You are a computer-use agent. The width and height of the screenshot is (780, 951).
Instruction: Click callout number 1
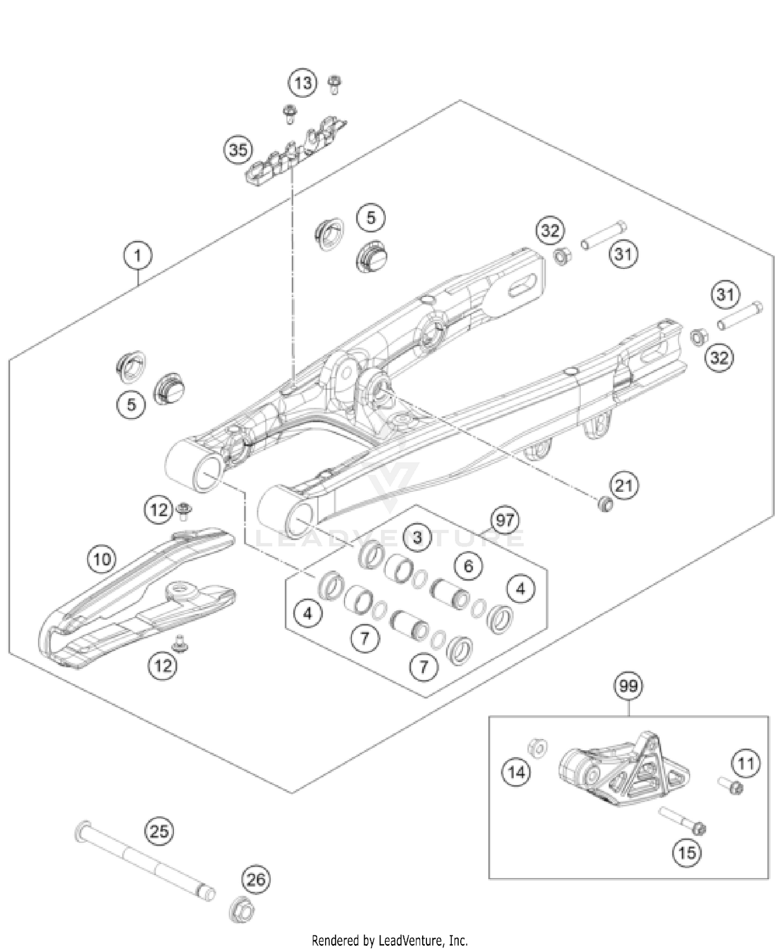pos(138,256)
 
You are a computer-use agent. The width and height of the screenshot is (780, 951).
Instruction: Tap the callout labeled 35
pos(238,150)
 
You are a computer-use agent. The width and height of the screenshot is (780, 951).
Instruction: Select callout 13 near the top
pos(303,83)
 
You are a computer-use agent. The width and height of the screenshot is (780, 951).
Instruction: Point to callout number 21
pos(623,486)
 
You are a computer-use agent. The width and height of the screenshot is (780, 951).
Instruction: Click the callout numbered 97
pos(505,520)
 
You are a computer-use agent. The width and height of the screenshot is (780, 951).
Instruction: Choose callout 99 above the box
pos(628,686)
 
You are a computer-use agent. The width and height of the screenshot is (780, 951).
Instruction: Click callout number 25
pos(159,831)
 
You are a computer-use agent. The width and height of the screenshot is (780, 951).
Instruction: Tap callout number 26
pos(256,879)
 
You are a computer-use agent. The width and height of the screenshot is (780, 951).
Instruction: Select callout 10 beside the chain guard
pos(102,559)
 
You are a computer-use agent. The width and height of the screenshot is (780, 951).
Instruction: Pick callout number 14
pos(516,773)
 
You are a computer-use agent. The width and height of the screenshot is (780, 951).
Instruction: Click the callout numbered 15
pos(687,853)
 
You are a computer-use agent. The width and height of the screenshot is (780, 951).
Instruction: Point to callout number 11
pos(746,764)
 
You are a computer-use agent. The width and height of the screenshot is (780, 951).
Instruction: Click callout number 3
pos(418,537)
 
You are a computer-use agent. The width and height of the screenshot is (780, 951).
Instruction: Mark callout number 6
pos(469,566)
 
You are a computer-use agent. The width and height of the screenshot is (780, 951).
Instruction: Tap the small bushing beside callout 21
pos(604,504)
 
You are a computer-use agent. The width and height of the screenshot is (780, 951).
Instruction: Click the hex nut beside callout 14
pos(537,749)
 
